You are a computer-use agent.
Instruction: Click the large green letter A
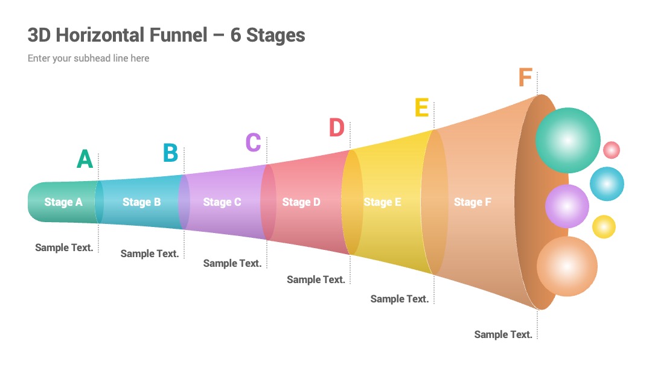[85, 159]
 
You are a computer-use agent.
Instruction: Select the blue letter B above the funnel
[170, 153]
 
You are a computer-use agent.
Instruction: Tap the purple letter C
[253, 142]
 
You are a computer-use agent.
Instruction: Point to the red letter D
[337, 127]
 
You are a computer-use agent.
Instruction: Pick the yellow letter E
[421, 107]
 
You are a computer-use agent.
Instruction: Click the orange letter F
[525, 77]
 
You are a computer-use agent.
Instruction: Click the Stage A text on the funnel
[63, 202]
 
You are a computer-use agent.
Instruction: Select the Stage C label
[222, 202]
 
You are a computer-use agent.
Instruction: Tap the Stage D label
[301, 202]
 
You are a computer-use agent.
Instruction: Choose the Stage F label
[472, 202]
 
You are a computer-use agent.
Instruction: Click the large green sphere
[567, 141]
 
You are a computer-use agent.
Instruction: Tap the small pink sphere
[611, 150]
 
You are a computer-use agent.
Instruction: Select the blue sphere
[607, 183]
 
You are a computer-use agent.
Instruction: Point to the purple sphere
[567, 206]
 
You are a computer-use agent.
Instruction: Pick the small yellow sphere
[604, 227]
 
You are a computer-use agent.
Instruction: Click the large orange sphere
[567, 266]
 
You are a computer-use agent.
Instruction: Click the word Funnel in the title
[178, 35]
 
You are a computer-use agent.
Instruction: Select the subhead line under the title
[89, 58]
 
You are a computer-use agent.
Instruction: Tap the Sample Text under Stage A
[64, 247]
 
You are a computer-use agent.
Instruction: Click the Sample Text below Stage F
[503, 334]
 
